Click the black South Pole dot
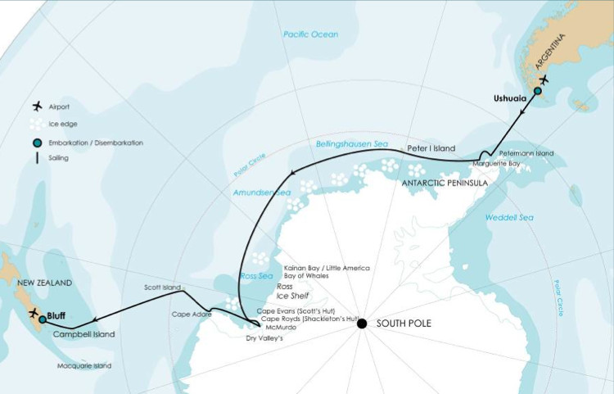pos(361,324)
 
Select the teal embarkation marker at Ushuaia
pos(538,91)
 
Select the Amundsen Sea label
pos(260,192)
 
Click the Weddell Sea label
pos(508,217)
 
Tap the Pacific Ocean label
pos(310,34)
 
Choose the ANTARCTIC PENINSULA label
pos(445,183)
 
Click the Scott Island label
pos(161,288)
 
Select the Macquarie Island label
pos(84,366)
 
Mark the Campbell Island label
pos(84,334)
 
